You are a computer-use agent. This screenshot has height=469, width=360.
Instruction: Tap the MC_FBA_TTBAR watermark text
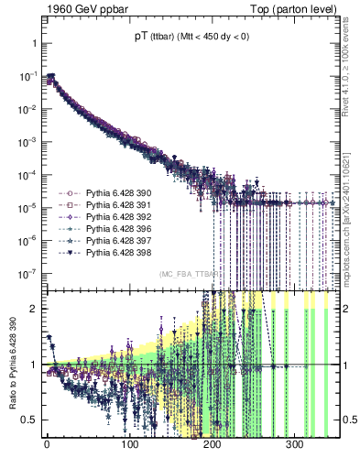[x=189, y=274]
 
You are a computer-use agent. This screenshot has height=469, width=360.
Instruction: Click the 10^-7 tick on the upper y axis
[x=27, y=273]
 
